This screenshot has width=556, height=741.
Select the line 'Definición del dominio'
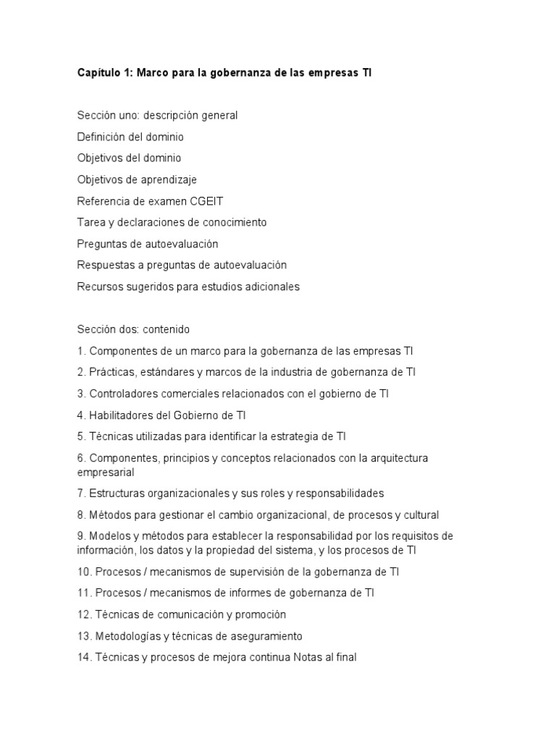[130, 137]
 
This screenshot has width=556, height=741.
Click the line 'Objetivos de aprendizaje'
[137, 179]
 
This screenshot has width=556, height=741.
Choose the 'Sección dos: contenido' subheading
[133, 329]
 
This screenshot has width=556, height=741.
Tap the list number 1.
[81, 351]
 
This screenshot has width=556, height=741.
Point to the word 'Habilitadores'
[122, 415]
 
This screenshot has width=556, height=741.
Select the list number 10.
[84, 572]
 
